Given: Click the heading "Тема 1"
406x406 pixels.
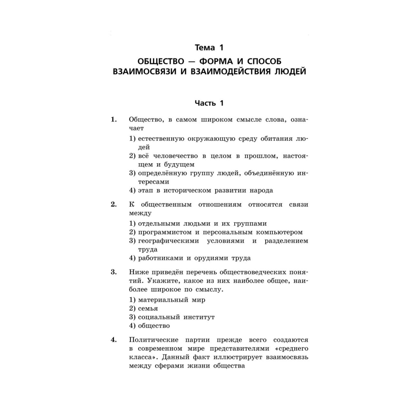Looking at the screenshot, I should click(x=209, y=48).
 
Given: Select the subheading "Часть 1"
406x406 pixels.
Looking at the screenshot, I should click(x=209, y=103).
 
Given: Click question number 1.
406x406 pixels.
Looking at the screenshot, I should click(x=114, y=120).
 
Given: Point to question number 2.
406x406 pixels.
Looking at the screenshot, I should click(x=114, y=204).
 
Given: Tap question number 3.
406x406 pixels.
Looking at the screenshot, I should click(x=114, y=272).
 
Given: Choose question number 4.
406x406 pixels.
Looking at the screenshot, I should click(x=114, y=340).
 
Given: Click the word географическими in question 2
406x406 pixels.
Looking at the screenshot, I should click(x=168, y=241).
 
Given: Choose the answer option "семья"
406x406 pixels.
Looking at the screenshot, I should click(x=148, y=309).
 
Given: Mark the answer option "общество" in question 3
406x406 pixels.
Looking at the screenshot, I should click(x=154, y=326).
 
